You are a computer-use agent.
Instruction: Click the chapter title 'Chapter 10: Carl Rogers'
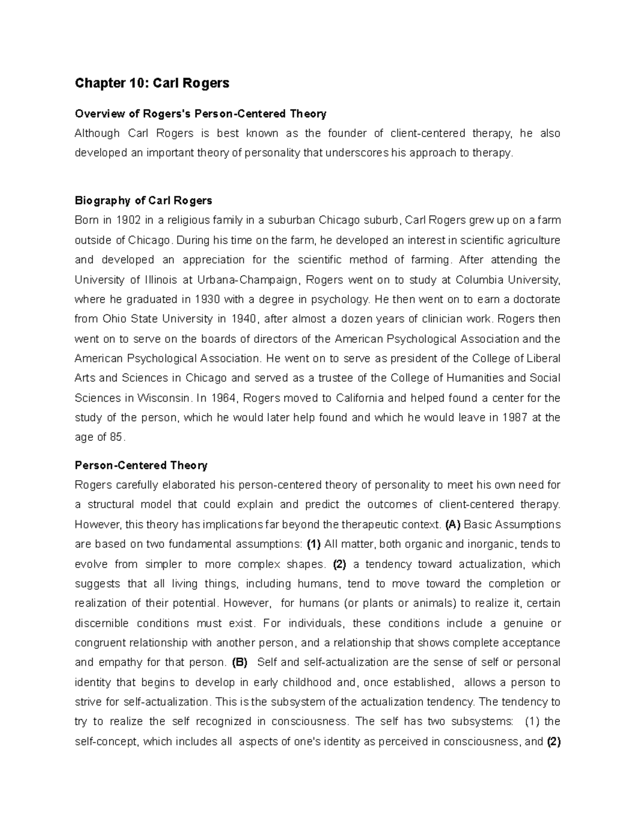click(152, 83)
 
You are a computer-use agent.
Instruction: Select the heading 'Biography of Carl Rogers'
click(143, 200)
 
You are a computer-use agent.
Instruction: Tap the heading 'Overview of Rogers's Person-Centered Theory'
click(200, 114)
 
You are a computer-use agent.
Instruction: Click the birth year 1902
click(129, 220)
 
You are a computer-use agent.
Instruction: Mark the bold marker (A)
click(453, 525)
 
